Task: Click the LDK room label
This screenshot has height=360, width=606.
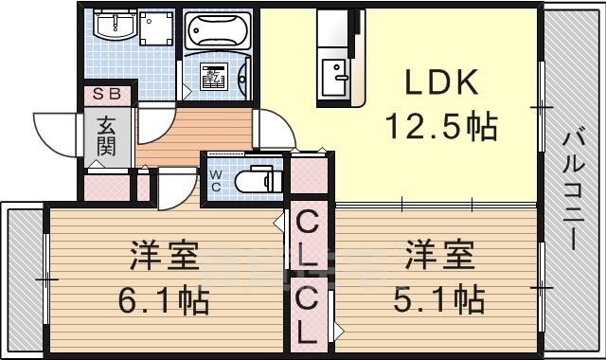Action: tap(440, 83)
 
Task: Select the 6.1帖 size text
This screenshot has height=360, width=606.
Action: tap(164, 300)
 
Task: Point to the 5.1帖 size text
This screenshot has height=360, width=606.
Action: tap(439, 300)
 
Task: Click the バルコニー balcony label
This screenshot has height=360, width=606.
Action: tap(574, 189)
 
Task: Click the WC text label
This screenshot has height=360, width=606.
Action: tap(215, 180)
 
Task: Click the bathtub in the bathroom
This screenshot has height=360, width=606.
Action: tap(217, 33)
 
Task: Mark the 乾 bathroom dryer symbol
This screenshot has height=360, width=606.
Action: tap(217, 74)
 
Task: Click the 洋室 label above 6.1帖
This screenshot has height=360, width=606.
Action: tap(164, 256)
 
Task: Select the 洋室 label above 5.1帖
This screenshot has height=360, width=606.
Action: tap(439, 256)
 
